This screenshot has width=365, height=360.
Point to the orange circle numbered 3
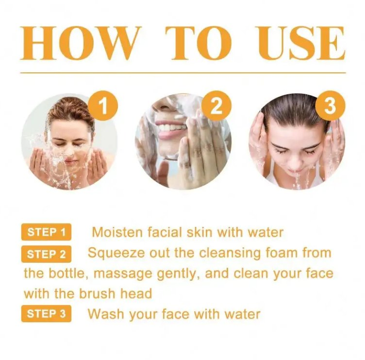[x=330, y=105]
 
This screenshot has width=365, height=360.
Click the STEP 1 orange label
[x=46, y=232]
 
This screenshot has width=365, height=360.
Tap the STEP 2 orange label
[x=46, y=254]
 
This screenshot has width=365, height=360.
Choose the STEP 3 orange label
[x=46, y=314]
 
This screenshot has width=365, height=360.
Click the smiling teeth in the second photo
[x=171, y=128]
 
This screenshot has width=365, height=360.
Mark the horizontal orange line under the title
[x=182, y=73]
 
